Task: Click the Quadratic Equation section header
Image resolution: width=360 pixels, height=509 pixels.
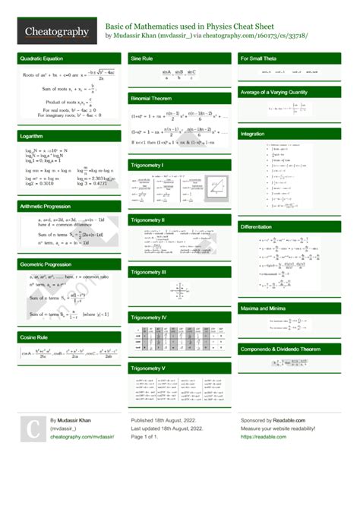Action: point(43,58)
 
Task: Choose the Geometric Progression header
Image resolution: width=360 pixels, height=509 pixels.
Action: point(47,264)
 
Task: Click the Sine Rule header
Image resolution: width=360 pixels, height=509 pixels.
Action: point(144,58)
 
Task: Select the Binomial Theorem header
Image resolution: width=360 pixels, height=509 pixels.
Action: point(152,99)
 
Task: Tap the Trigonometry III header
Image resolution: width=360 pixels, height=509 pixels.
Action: point(149,271)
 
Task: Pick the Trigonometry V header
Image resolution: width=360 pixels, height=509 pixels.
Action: point(148,368)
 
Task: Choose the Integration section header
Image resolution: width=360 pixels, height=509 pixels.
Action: point(252,134)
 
